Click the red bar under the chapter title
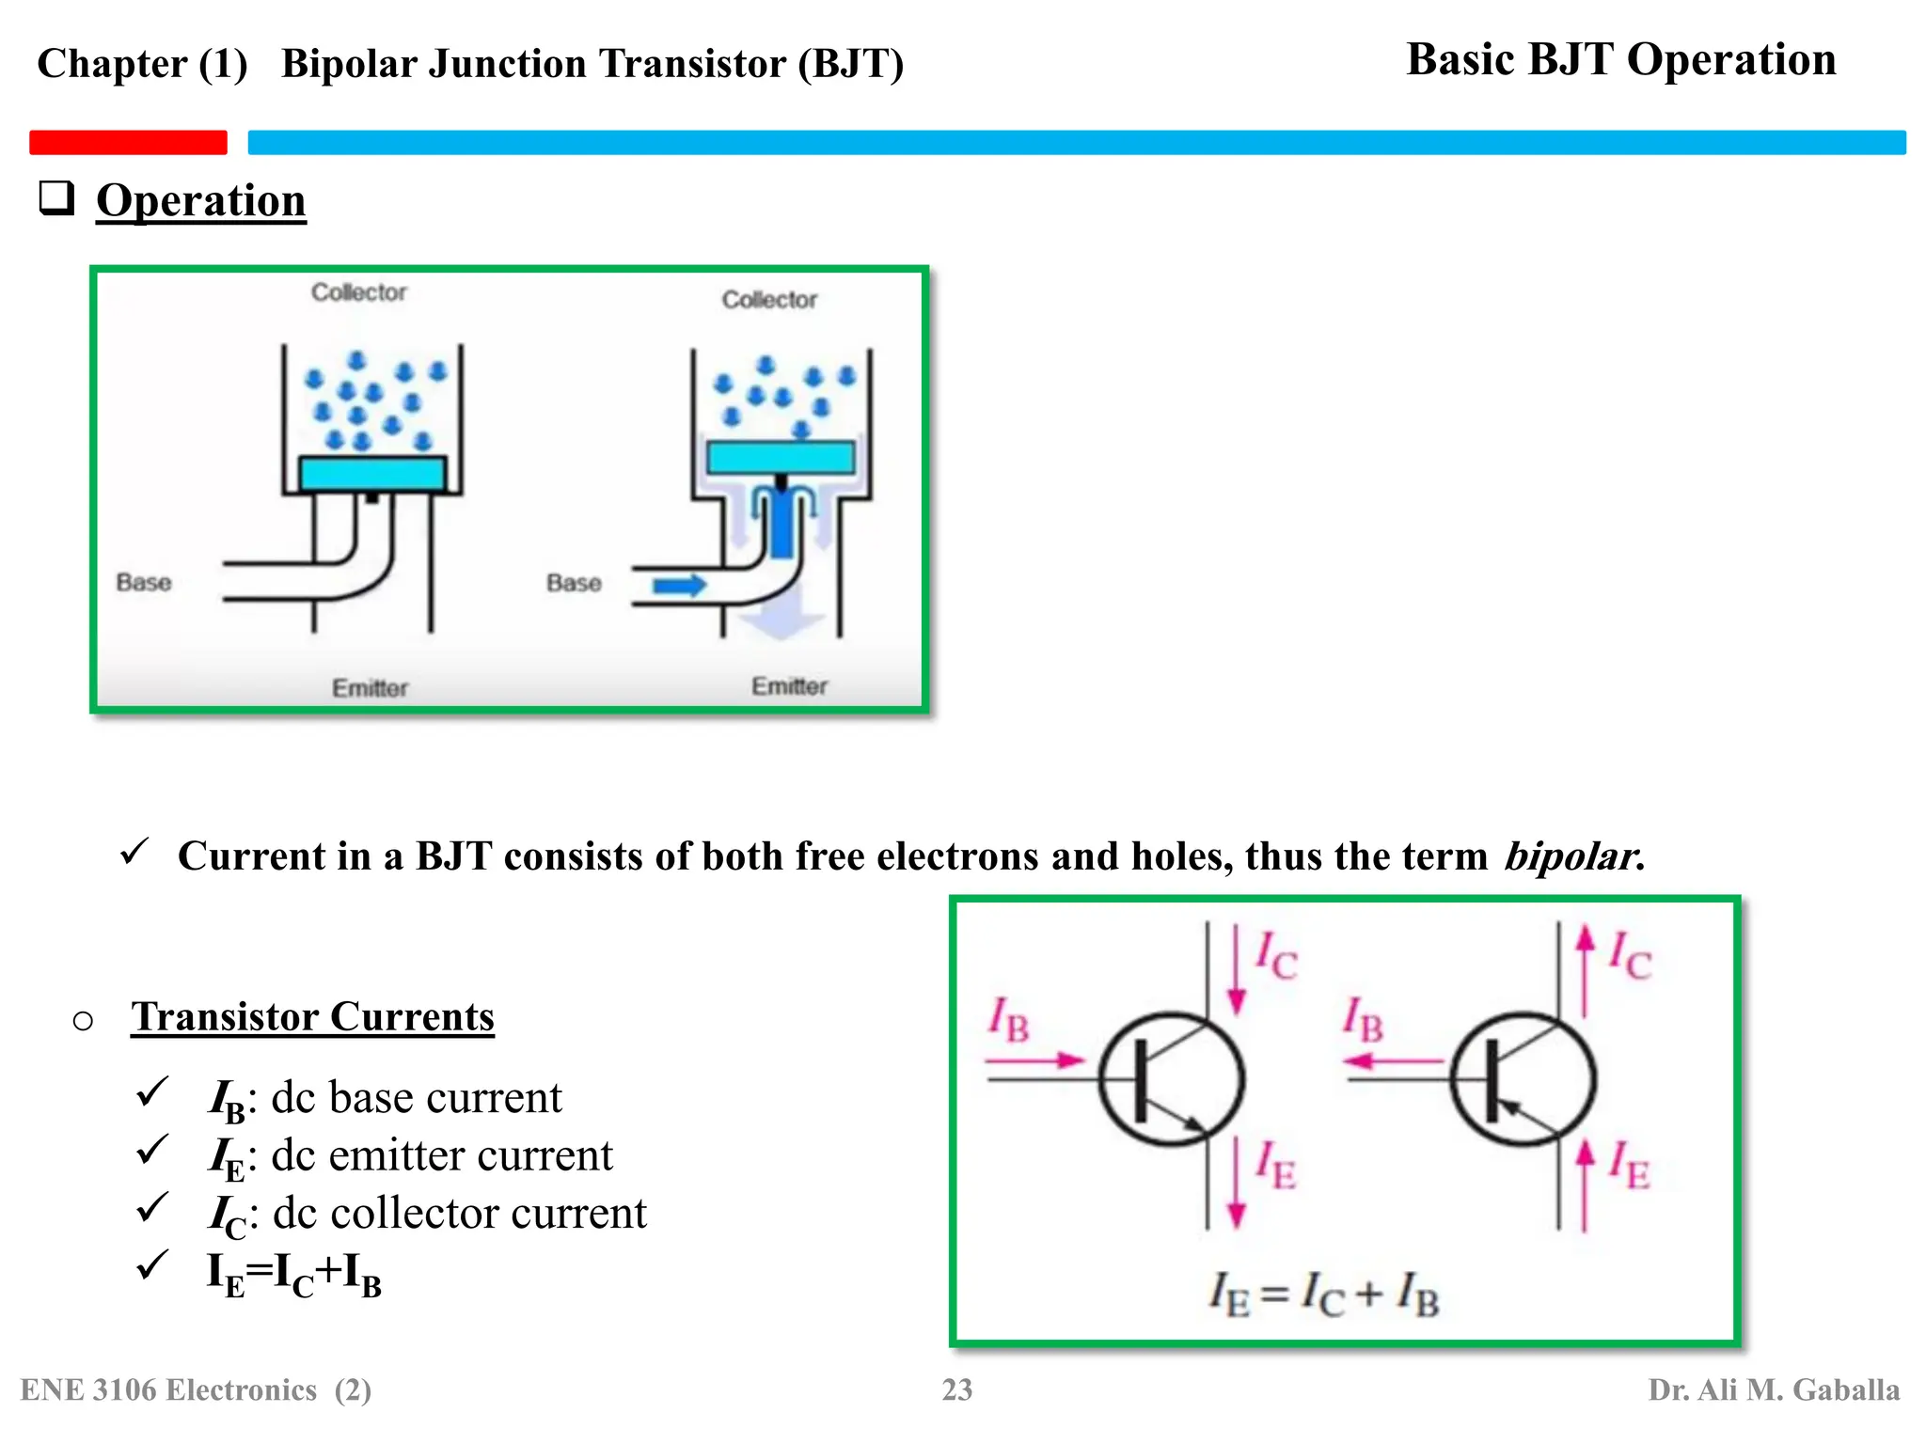pos(128,142)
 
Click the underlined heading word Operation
pos(200,200)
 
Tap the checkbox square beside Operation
pos(56,198)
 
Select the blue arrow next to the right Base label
pos(679,586)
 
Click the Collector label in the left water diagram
pos(358,292)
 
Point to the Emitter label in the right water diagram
pos(789,686)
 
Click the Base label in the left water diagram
pos(144,583)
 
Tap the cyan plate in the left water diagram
pos(372,473)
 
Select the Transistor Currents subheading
pos(312,1017)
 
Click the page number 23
pos(957,1389)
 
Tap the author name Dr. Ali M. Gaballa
pos(1774,1389)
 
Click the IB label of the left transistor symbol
pos(1008,1020)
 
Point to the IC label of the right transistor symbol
pos(1630,955)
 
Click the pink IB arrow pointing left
pos(1393,1061)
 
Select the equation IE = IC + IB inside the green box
pos(1324,1295)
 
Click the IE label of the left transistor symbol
pos(1276,1167)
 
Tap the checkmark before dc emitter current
pos(151,1150)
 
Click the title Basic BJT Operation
pos(1620,60)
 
